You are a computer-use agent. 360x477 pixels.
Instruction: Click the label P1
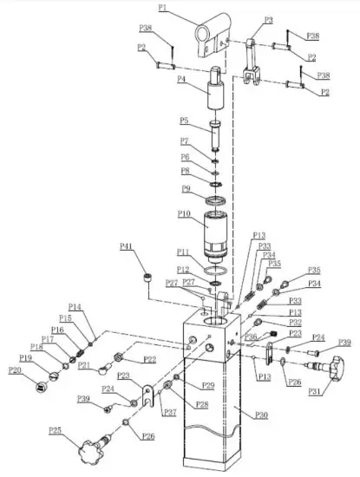(x=163, y=8)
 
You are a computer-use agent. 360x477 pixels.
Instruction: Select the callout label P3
(x=268, y=19)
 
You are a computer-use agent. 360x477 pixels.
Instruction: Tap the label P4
(x=181, y=79)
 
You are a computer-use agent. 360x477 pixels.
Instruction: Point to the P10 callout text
(x=184, y=213)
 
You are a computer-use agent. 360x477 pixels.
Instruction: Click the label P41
(x=126, y=249)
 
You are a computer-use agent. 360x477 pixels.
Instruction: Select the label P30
(x=261, y=415)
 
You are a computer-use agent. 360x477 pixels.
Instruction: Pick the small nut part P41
(x=148, y=278)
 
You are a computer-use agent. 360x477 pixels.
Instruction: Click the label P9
(x=184, y=188)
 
